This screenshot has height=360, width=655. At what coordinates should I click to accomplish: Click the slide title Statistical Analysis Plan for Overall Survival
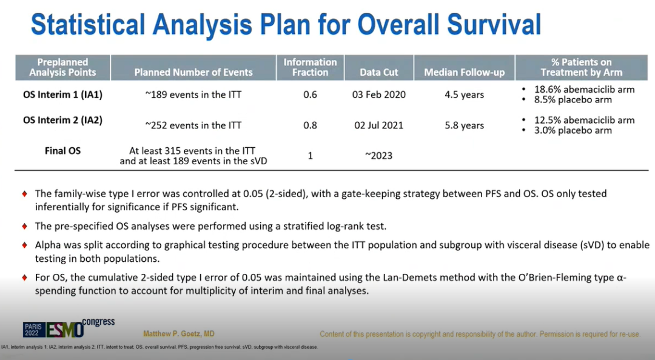(286, 24)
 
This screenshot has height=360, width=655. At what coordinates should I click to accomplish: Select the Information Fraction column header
(310, 67)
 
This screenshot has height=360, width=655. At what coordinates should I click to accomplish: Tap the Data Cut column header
(378, 72)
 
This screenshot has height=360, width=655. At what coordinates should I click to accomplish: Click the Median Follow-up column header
(464, 72)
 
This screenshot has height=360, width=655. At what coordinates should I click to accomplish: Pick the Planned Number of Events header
(193, 72)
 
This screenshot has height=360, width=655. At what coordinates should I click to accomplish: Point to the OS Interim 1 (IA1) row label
(62, 95)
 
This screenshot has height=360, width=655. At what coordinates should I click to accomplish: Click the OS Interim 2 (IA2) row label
(62, 120)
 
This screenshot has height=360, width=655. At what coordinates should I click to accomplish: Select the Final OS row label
(62, 150)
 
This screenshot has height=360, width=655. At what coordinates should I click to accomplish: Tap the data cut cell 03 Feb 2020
(380, 95)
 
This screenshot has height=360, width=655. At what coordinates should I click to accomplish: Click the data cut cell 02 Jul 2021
(380, 125)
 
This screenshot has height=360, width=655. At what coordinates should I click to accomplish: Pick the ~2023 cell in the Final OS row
(378, 156)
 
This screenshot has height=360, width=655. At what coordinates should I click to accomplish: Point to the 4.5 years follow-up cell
(464, 95)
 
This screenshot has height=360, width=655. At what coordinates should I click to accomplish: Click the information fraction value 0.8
(310, 125)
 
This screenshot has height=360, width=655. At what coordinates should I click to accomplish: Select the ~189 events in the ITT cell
(193, 95)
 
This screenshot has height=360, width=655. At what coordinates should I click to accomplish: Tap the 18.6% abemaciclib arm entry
(584, 90)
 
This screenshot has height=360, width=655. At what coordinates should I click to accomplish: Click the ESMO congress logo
(69, 327)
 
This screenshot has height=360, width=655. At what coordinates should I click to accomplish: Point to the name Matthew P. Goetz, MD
(178, 334)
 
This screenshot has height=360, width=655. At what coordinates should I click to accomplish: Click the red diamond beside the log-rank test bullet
(25, 226)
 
